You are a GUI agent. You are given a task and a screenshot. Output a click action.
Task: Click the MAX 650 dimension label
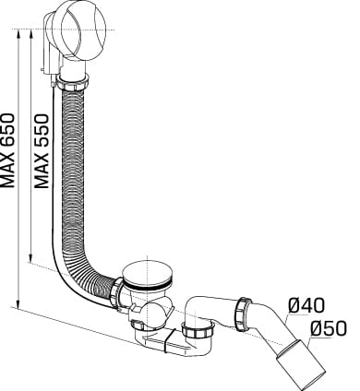(x=7, y=150)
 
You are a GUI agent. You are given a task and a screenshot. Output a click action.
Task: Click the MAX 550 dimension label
(x=42, y=151)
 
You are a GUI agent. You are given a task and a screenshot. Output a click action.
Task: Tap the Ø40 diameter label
(x=306, y=306)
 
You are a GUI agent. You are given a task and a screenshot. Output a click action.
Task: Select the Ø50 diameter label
(x=329, y=327)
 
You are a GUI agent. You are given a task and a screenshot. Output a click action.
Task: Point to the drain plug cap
(x=148, y=275)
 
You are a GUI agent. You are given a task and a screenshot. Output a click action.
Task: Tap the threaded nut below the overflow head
(x=73, y=81)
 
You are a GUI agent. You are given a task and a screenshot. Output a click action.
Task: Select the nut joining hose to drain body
(x=117, y=292)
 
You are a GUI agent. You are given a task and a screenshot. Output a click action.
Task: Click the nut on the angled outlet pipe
(x=244, y=314)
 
